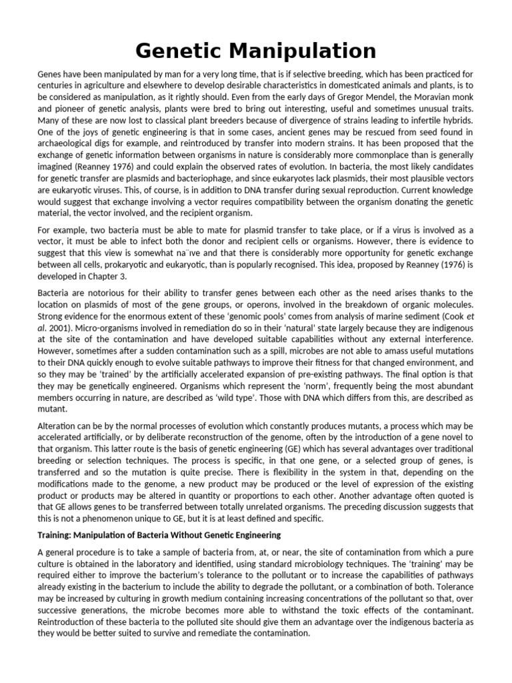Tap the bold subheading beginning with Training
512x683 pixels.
coord(159,535)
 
